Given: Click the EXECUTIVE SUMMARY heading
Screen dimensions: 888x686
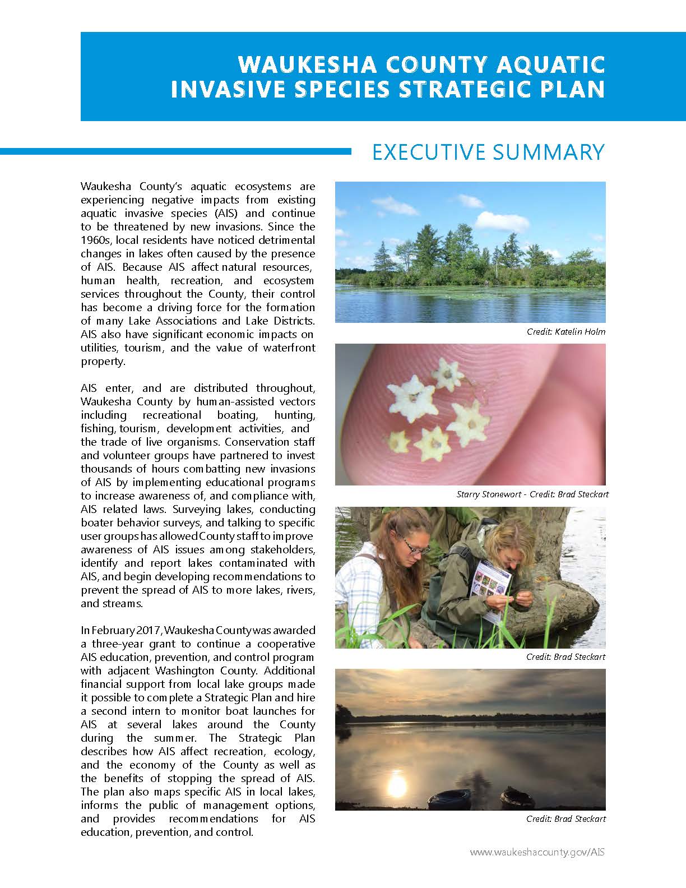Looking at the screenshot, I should coord(488,152).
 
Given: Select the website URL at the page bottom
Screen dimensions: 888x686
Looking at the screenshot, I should coord(537,852).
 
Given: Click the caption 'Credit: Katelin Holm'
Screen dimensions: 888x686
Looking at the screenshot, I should coord(566,331).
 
